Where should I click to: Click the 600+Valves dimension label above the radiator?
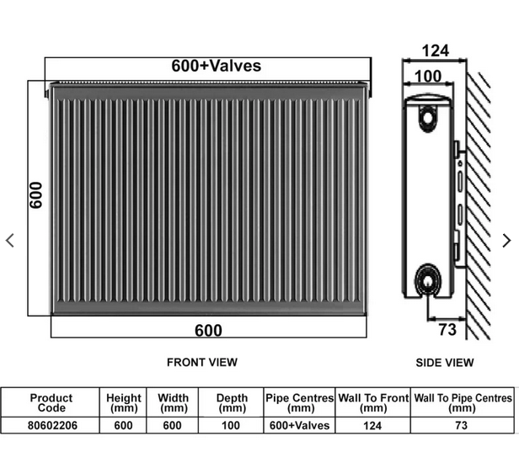(216, 66)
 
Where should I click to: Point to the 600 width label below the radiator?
(208, 330)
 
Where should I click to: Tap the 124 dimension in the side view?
(435, 51)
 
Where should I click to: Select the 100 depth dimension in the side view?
(428, 77)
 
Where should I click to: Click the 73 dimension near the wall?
(447, 329)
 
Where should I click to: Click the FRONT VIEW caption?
(202, 362)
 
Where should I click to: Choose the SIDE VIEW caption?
(445, 363)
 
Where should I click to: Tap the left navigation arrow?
(10, 241)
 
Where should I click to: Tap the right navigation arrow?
(506, 241)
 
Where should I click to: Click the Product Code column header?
(51, 402)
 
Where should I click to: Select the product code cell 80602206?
(51, 426)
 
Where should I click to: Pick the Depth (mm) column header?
(232, 402)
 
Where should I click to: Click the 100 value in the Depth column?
(232, 426)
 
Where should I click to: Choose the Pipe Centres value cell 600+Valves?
(300, 426)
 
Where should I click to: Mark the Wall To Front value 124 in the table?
(372, 426)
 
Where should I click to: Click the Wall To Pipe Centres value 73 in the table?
(462, 426)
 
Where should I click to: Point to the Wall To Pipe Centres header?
(462, 402)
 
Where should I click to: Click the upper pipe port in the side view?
(430, 120)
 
